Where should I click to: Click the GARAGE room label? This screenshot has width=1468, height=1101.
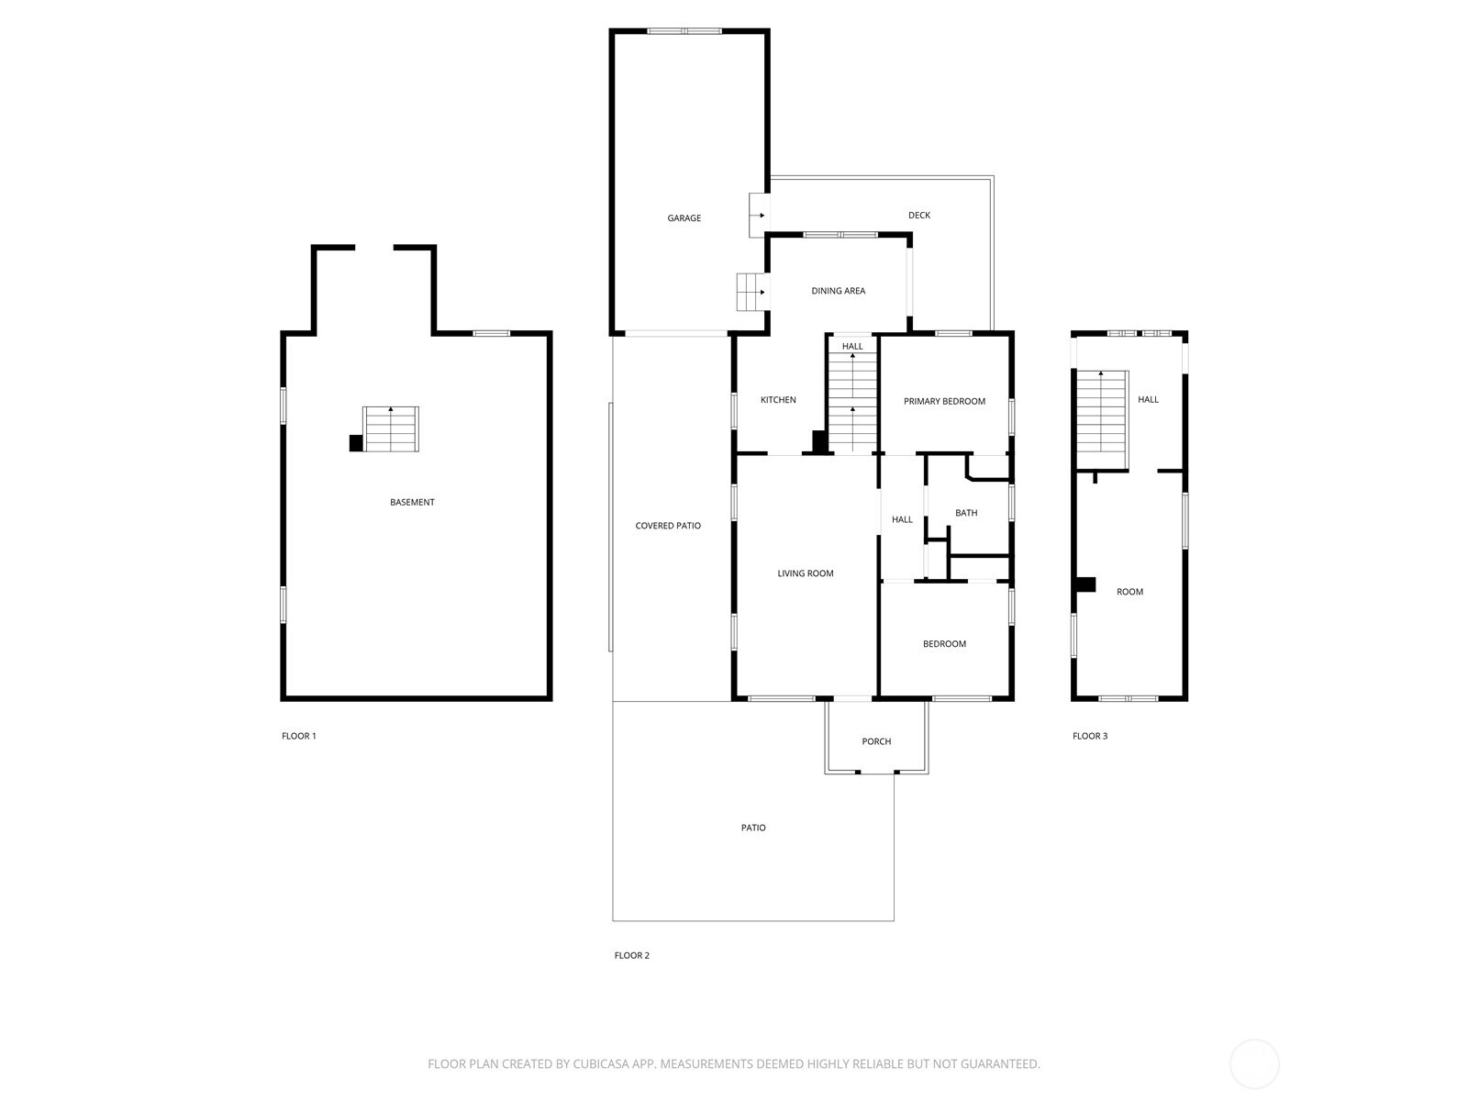click(x=684, y=218)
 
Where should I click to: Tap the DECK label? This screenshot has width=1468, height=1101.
click(x=919, y=216)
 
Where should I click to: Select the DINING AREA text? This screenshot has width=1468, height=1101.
click(x=838, y=291)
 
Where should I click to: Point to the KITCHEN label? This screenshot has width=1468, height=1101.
click(x=778, y=400)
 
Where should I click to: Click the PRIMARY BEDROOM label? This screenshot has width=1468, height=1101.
click(x=944, y=401)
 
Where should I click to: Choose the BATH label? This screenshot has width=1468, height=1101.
click(x=966, y=513)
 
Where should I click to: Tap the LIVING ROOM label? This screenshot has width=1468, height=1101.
click(x=806, y=573)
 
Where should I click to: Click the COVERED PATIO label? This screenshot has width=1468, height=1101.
click(x=667, y=526)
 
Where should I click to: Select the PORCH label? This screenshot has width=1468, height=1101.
click(x=876, y=741)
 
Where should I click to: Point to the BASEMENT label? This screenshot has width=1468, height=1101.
click(x=412, y=502)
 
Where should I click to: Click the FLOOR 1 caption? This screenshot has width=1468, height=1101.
click(x=298, y=736)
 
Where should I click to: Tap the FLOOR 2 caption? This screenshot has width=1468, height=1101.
click(x=631, y=955)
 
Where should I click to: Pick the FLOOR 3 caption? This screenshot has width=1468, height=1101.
click(x=1089, y=736)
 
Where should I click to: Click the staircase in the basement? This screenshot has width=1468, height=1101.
click(x=391, y=428)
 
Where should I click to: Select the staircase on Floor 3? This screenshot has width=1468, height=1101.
click(x=1102, y=420)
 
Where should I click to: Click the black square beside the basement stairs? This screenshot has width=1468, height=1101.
click(x=356, y=443)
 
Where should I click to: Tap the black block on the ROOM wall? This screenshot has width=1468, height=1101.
click(x=1084, y=584)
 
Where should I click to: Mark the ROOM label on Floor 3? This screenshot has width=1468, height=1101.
click(x=1129, y=592)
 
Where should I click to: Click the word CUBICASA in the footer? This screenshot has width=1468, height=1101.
click(x=601, y=1063)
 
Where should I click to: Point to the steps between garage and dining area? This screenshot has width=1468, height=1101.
click(x=751, y=292)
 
